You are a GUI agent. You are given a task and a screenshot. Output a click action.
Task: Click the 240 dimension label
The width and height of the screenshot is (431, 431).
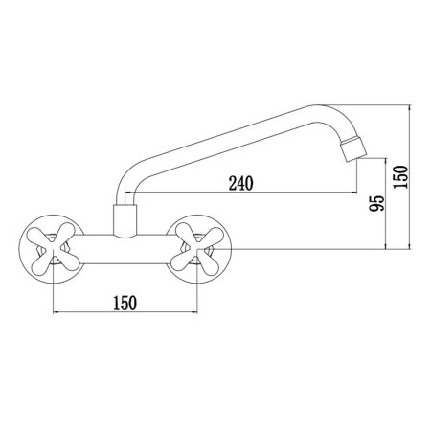click(x=241, y=183)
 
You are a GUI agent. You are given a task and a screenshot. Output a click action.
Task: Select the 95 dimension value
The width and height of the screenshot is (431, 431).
click(x=376, y=203)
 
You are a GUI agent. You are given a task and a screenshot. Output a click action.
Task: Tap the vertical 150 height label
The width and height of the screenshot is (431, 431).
click(x=401, y=177)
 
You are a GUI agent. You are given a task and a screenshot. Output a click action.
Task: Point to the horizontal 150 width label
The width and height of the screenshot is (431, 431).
click(x=125, y=303)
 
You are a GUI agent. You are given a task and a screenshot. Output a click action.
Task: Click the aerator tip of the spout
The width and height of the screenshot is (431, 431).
click(x=352, y=149)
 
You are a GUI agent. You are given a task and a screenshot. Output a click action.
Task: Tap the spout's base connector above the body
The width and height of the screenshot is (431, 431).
click(x=125, y=221)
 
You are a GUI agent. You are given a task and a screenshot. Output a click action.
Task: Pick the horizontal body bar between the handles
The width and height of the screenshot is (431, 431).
click(x=125, y=249)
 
